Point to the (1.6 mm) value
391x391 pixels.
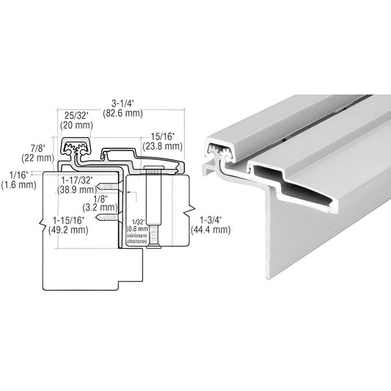click(x=18, y=185)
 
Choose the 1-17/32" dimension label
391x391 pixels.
click(x=77, y=180)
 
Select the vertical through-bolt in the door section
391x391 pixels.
click(x=152, y=208)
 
